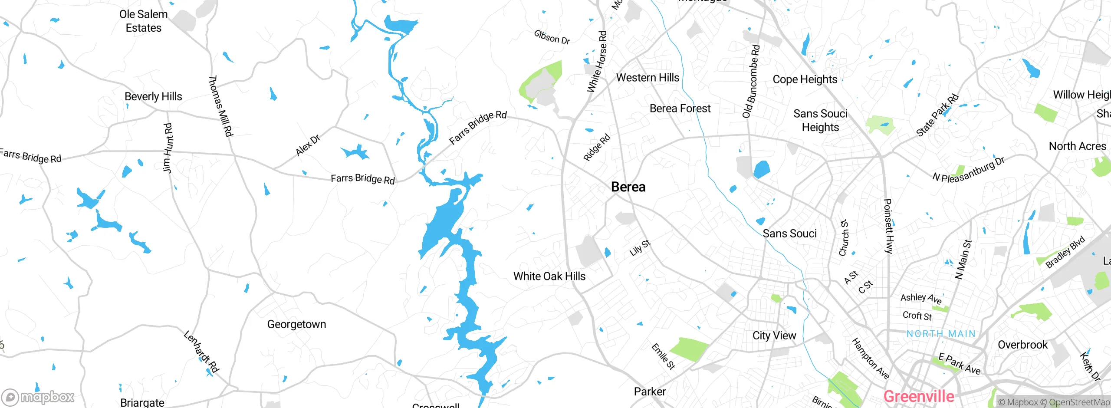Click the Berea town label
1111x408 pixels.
[x=628, y=187]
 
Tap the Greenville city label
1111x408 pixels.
[x=918, y=396]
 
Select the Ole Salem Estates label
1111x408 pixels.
[x=144, y=21]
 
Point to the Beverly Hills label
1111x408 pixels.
[x=153, y=96]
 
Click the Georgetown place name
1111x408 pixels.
[x=296, y=324]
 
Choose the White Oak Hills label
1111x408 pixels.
[x=549, y=276]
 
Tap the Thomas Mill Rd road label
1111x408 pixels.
[x=221, y=106]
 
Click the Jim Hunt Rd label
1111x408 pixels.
[x=168, y=148]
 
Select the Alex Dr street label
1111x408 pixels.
[x=308, y=145]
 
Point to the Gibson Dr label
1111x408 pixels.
[x=552, y=37]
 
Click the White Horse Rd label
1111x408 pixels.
[x=597, y=61]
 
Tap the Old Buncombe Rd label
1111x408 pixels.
[x=751, y=82]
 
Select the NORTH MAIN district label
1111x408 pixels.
[x=941, y=334]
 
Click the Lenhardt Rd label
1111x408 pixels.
[x=201, y=352]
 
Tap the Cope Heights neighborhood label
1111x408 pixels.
[x=805, y=79]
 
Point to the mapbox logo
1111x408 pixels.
[x=38, y=397]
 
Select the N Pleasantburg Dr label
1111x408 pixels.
[x=968, y=170]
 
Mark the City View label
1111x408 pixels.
[x=774, y=336]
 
